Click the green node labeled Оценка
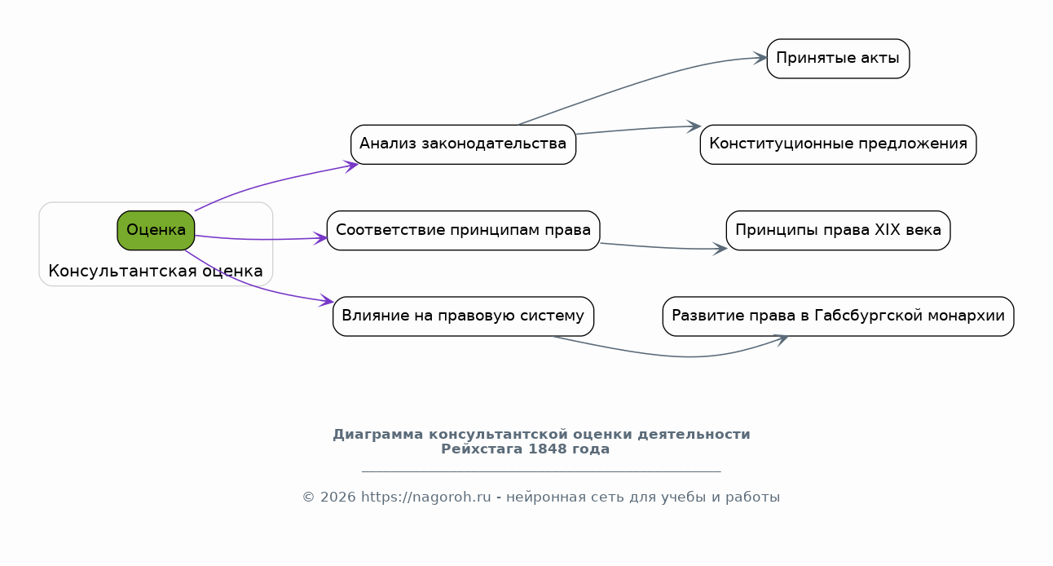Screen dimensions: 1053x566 click(x=156, y=231)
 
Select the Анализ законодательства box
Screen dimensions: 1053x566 click(x=463, y=144)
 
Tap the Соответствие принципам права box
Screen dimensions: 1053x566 click(x=463, y=231)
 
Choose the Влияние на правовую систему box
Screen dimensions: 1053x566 click(x=463, y=316)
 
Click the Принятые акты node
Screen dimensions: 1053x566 click(x=838, y=59)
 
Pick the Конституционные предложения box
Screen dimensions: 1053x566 click(x=838, y=144)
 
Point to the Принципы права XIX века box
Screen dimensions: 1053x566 click(x=838, y=231)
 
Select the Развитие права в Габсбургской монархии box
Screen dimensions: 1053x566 click(x=838, y=316)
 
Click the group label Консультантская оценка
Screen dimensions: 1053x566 click(x=156, y=271)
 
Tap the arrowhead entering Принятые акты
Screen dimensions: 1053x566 click(x=760, y=59)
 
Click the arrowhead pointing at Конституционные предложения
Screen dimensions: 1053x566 click(x=694, y=126)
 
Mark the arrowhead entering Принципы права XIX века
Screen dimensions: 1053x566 click(x=720, y=249)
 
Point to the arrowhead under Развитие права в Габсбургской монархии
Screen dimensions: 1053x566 click(x=781, y=339)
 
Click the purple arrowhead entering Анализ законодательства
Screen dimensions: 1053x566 click(x=351, y=166)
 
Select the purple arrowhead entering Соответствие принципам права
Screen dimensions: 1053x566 click(x=320, y=238)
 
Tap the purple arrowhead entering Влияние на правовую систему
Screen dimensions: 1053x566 click(x=326, y=300)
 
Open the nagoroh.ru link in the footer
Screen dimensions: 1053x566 click(x=426, y=497)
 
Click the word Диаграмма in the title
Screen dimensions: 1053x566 click(x=378, y=435)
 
